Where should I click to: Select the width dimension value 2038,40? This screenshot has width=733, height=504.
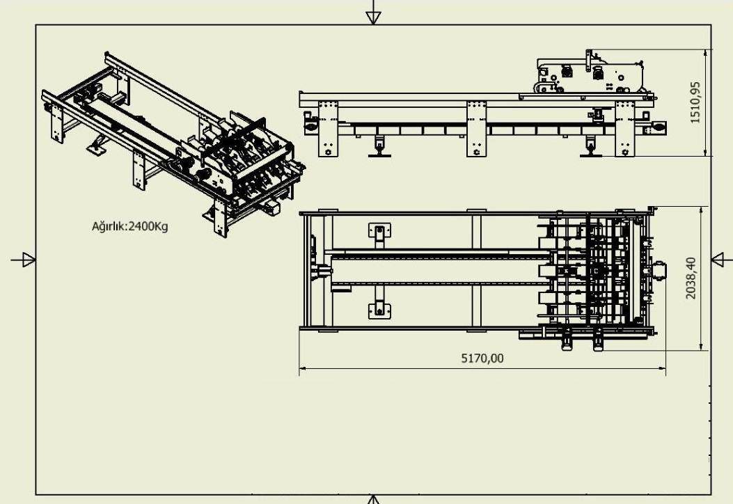[691, 278]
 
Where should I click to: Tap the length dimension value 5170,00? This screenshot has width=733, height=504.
[482, 359]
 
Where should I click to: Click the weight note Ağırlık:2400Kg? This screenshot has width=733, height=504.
[130, 226]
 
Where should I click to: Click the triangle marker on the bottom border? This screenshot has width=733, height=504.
[374, 499]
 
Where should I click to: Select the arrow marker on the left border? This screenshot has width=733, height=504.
[26, 260]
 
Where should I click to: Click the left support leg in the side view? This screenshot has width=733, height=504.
[328, 129]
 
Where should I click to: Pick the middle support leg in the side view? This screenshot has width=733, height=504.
[476, 129]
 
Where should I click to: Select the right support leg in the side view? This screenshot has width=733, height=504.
[625, 129]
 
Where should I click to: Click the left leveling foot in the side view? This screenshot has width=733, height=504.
[380, 147]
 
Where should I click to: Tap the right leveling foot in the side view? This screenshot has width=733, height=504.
[592, 147]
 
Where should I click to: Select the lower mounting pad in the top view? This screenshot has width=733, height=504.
[378, 308]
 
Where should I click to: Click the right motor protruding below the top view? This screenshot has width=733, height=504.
[597, 340]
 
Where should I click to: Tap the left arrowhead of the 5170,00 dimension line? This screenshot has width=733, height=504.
[303, 368]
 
